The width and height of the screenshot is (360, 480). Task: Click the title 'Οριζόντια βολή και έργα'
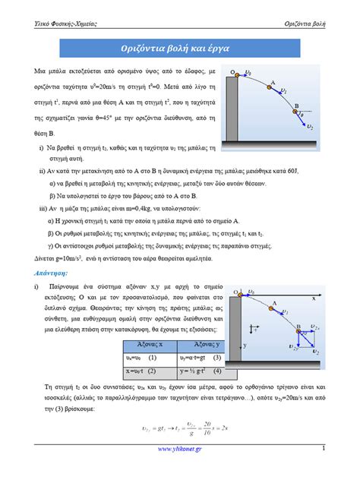coord(180,48)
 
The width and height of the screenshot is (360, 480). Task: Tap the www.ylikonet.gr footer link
coord(179,453)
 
